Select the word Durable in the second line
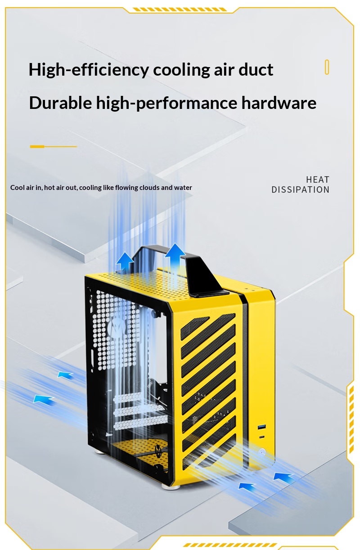click(60, 102)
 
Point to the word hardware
click(279, 102)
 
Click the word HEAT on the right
click(317, 180)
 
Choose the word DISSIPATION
click(300, 189)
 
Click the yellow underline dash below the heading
click(53, 147)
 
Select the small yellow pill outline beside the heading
click(327, 67)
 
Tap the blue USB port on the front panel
click(261, 428)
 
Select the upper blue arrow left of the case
click(65, 374)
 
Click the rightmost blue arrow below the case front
click(283, 476)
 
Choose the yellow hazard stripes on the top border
click(180, 9)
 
